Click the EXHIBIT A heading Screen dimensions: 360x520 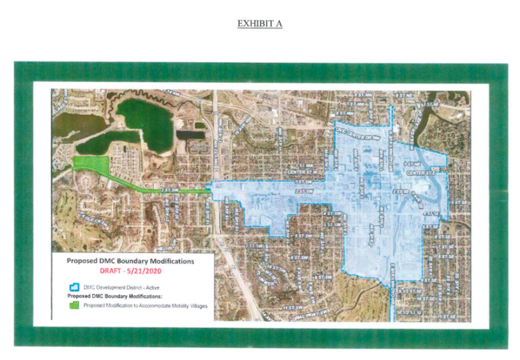coord(260,24)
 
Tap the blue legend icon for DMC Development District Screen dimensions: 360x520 coord(75,286)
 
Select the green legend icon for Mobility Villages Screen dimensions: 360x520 coord(75,305)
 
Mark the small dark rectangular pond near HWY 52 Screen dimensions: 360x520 coord(192,134)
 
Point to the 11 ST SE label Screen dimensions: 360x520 coord(446,316)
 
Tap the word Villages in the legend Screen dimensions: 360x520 coord(195,306)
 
